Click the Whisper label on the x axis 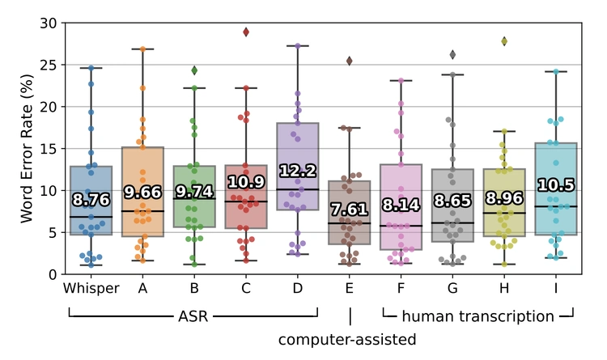click(x=91, y=289)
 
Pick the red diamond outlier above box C click(x=246, y=32)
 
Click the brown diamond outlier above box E click(x=350, y=61)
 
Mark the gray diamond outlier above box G click(x=453, y=54)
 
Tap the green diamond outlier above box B click(x=194, y=70)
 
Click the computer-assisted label click(x=347, y=340)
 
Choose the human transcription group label click(x=478, y=316)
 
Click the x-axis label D click(x=298, y=289)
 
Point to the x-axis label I click(x=557, y=289)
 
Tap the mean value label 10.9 click(x=246, y=182)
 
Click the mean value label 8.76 click(x=91, y=200)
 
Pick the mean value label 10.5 click(x=557, y=185)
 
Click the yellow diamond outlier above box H click(x=505, y=40)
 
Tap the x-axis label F click(x=401, y=289)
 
